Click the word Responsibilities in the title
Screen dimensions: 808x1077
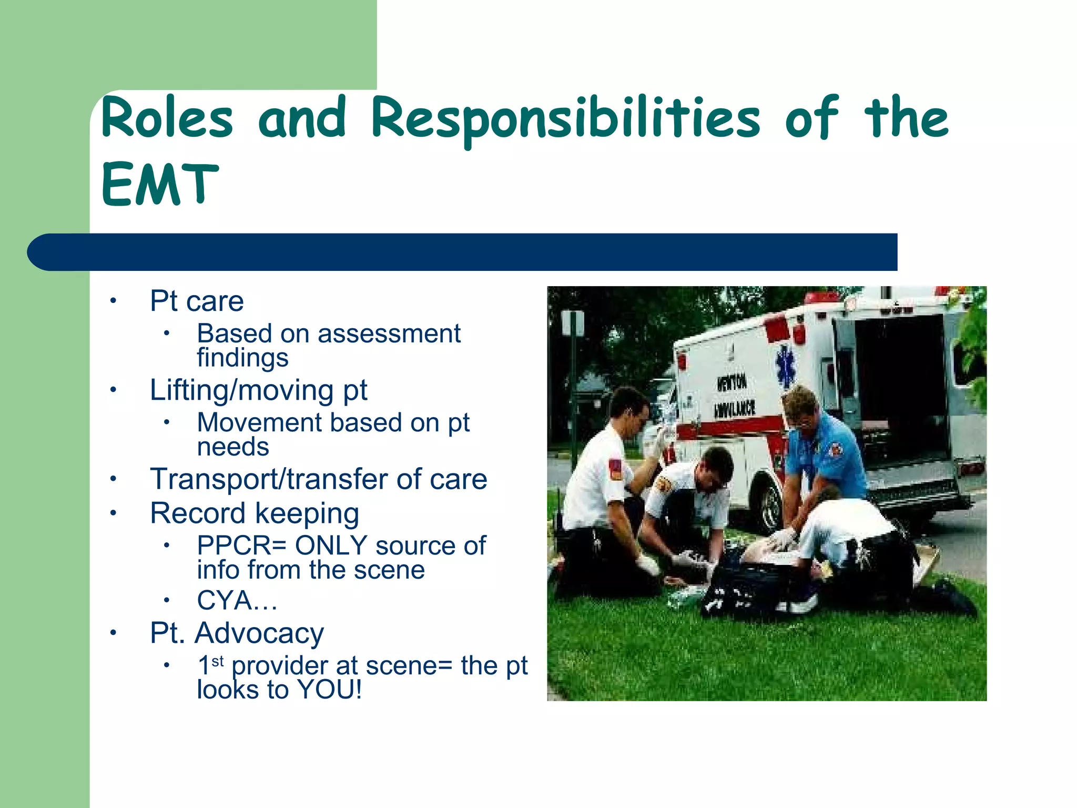[x=565, y=120]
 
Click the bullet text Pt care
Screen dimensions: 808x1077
[x=197, y=301]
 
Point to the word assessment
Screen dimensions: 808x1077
[x=389, y=334]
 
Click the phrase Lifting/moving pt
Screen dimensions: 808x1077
[x=258, y=391]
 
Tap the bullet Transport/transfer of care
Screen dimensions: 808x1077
[x=318, y=479]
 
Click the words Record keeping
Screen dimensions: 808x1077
[x=255, y=513]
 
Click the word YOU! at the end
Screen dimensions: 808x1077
[x=330, y=690]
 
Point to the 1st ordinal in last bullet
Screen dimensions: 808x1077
[x=210, y=665]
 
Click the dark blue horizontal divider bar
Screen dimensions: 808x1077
[x=463, y=252]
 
